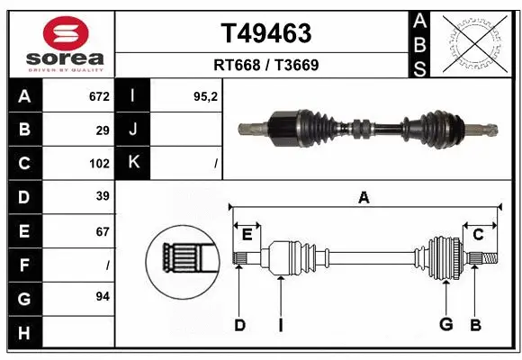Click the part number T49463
pyautogui.click(x=265, y=33)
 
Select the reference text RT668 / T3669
pyautogui.click(x=265, y=65)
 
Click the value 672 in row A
pyautogui.click(x=98, y=95)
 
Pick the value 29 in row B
pyautogui.click(x=103, y=130)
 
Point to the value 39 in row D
pyautogui.click(x=103, y=196)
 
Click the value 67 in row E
pyautogui.click(x=103, y=231)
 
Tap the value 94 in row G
pyautogui.click(x=103, y=296)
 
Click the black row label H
pyautogui.click(x=23, y=334)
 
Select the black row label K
pyautogui.click(x=133, y=163)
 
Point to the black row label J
pyautogui.click(x=133, y=130)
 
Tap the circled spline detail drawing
pyautogui.click(x=183, y=260)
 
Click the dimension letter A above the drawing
pyautogui.click(x=364, y=197)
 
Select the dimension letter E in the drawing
pyautogui.click(x=247, y=235)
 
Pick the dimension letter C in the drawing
pyautogui.click(x=479, y=235)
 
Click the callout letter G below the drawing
pyautogui.click(x=445, y=325)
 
